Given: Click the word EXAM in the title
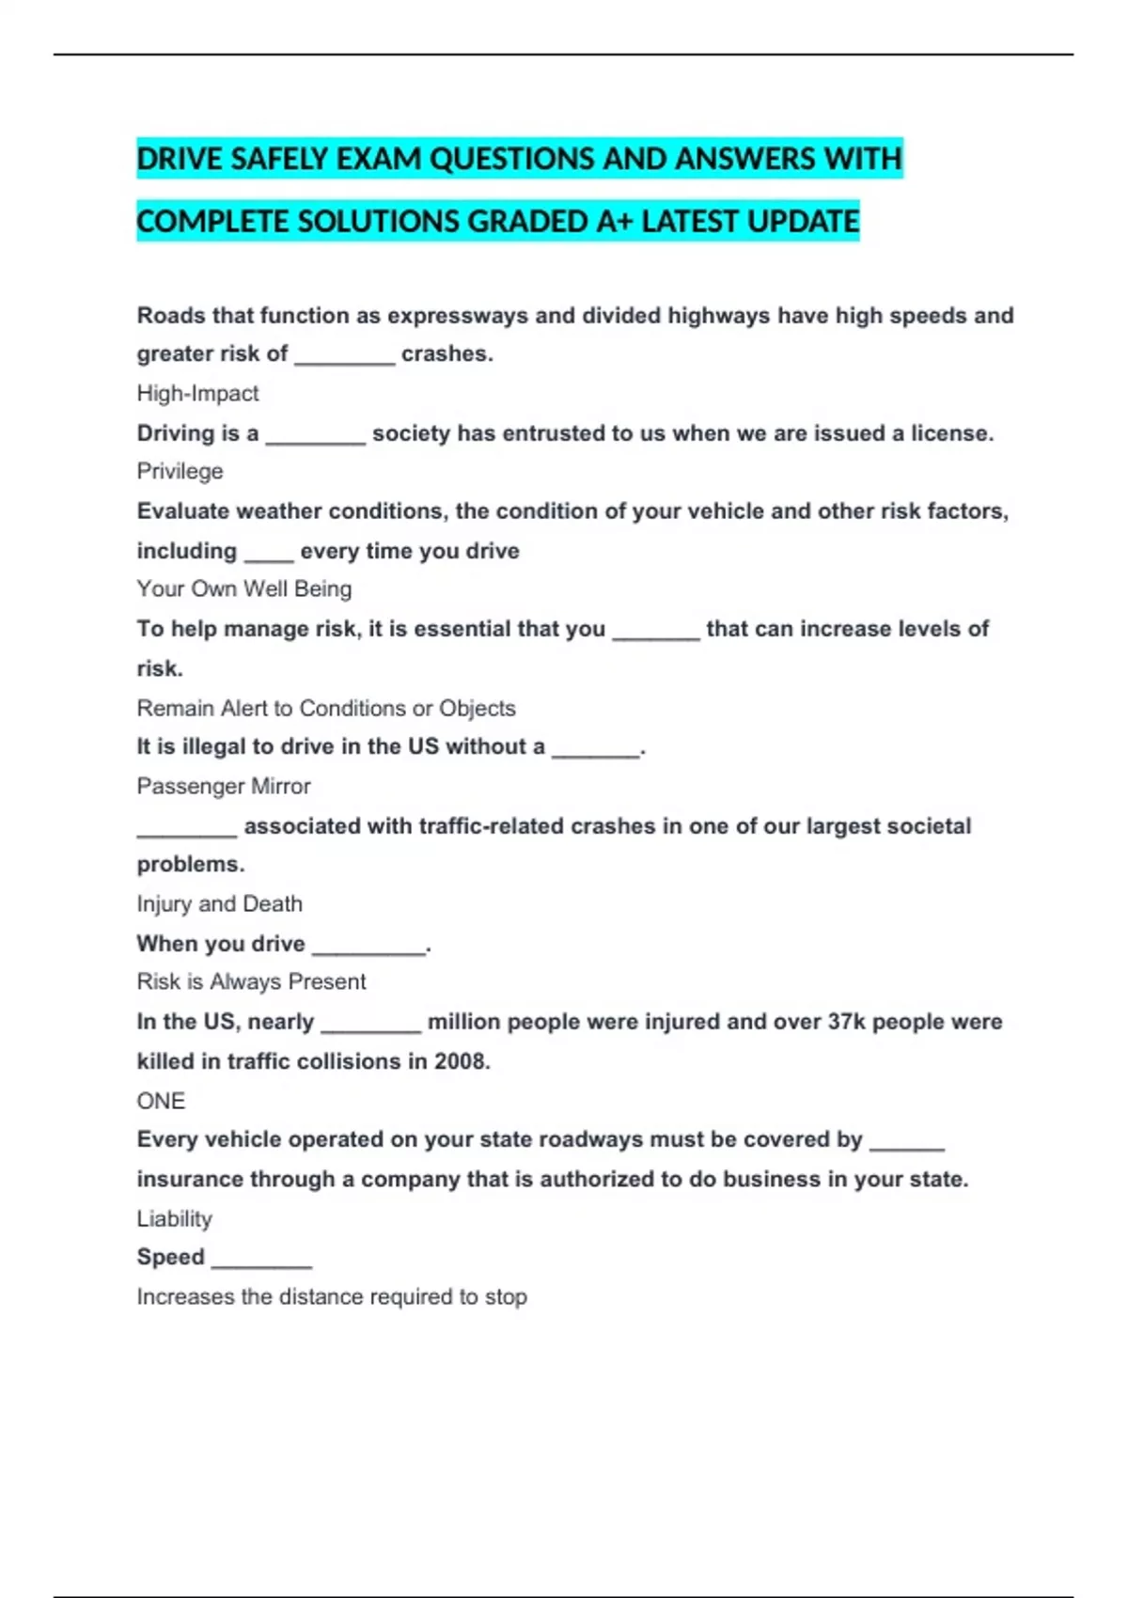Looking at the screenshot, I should click(x=379, y=159).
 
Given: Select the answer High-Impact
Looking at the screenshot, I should click(x=197, y=393).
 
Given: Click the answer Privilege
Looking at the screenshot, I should click(x=180, y=471).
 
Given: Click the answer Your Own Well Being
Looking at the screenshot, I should click(x=244, y=589).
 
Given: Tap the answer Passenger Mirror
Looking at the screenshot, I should click(x=224, y=786).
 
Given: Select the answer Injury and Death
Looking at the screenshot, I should click(x=219, y=903).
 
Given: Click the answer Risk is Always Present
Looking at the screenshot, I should click(x=251, y=981).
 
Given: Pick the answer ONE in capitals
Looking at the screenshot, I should click(x=161, y=1101).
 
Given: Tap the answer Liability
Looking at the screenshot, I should click(x=175, y=1218).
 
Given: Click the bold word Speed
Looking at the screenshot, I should click(x=170, y=1257).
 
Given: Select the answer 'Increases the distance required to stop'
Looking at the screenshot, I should click(x=332, y=1297).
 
